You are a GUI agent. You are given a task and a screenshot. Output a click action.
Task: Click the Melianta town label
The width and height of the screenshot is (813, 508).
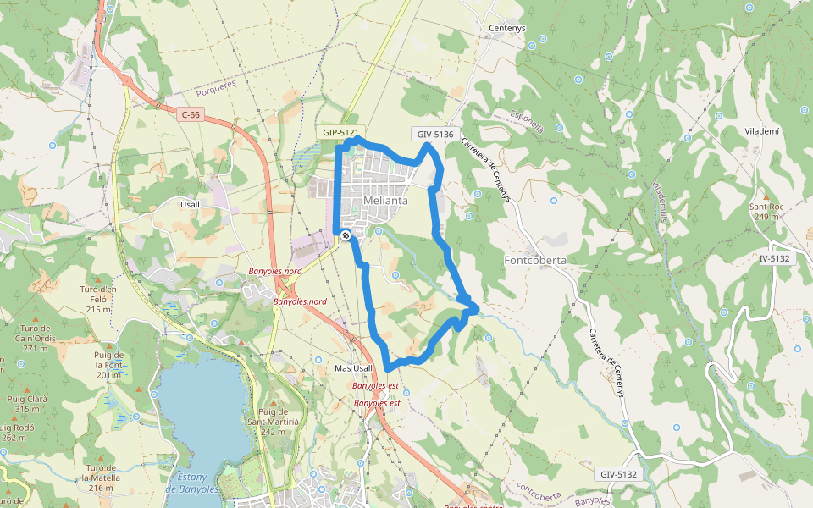coord(385,201)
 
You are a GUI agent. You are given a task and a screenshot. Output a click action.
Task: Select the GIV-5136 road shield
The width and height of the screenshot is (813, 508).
coord(435,134)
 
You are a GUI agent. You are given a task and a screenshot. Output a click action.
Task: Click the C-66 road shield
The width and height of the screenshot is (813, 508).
coord(190,114)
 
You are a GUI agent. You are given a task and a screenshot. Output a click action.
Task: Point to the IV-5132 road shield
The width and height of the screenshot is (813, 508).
coord(775,258)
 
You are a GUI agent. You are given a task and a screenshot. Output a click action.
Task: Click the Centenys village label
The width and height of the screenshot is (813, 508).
coord(507,28)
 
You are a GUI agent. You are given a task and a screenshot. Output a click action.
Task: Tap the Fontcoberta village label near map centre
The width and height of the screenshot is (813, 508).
coord(534,260)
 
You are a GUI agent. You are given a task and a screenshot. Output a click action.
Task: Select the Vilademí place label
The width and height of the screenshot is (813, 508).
coord(762,133)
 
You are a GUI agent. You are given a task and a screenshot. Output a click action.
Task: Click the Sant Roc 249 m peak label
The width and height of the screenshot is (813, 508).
coord(764,212)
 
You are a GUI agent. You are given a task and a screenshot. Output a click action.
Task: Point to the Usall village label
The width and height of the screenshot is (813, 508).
coord(190,204)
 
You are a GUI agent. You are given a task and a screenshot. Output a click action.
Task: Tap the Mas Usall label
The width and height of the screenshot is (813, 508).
coord(353,368)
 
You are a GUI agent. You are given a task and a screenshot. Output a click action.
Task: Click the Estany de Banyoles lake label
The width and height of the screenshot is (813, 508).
coord(191,483)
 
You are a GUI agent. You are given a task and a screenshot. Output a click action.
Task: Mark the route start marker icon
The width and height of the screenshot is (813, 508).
coord(346,236)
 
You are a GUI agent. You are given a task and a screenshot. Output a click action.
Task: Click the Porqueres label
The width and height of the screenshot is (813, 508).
coord(216,87)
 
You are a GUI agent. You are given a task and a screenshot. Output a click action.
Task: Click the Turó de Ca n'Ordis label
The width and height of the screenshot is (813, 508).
coord(36,338)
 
